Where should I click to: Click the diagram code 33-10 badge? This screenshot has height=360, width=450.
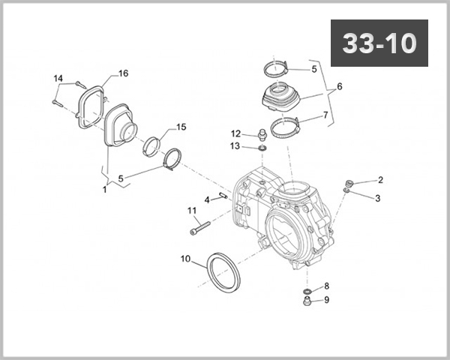(x=379, y=43)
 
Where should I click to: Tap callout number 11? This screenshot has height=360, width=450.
(x=191, y=210)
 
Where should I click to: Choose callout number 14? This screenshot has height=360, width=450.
(x=58, y=78)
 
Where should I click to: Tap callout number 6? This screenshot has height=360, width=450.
(x=339, y=87)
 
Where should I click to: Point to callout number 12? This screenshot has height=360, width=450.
(x=235, y=133)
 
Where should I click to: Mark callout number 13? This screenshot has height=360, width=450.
(x=235, y=145)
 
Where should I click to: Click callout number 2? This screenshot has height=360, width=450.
(x=380, y=180)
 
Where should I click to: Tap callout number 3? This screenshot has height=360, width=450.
(x=378, y=198)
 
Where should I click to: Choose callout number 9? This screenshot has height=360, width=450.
(x=326, y=300)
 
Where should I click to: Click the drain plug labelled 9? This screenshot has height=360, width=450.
(x=307, y=302)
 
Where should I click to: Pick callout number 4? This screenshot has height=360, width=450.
(x=207, y=199)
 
